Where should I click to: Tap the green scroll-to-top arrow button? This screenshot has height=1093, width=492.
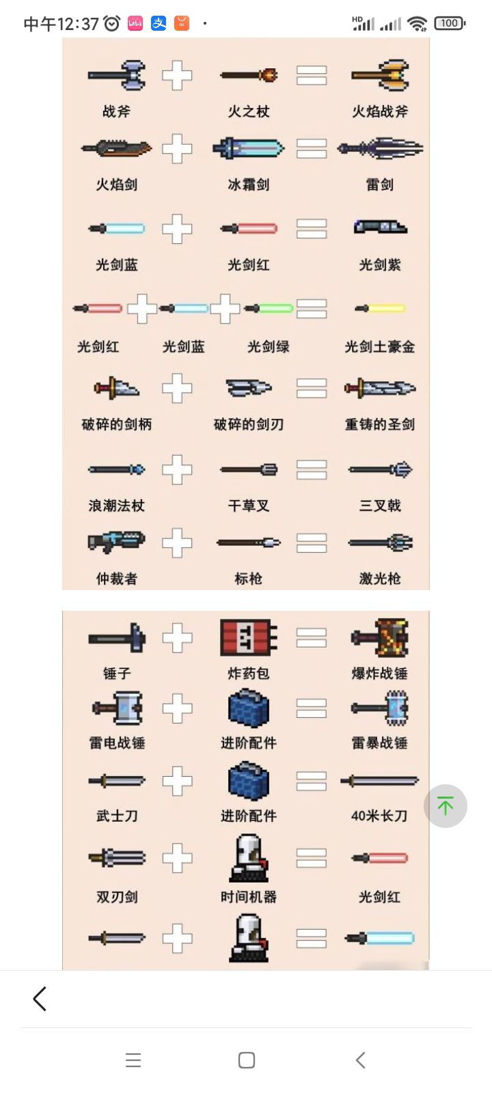pos(445,805)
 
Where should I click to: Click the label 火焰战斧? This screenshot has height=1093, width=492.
pos(380,112)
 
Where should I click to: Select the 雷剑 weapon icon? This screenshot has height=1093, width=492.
pos(380,148)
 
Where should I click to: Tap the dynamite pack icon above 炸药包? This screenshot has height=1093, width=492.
pos(249,637)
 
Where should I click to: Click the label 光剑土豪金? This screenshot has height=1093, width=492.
pos(380,347)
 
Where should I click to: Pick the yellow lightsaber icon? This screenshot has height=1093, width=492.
pos(380,308)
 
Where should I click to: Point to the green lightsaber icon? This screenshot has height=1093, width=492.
pos(269,308)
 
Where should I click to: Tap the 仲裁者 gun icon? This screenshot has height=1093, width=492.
pos(117,542)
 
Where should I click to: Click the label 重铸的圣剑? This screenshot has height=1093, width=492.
pos(380,424)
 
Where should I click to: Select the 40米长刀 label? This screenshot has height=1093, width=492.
pos(379,816)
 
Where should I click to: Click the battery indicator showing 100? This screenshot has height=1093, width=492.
pos(450,23)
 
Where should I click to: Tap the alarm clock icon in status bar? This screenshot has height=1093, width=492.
pos(112,23)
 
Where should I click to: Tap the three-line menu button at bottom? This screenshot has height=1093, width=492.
pos(133,1060)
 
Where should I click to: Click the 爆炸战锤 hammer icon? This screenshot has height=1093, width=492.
pos(380,638)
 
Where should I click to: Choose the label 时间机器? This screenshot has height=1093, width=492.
pos(249,897)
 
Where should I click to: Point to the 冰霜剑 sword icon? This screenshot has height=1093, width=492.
pos(249,148)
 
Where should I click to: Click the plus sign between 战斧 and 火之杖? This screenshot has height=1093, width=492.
pos(177,76)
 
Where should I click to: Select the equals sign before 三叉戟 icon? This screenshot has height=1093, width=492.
pos(312,470)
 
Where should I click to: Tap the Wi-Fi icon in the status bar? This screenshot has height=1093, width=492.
pos(418,23)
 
